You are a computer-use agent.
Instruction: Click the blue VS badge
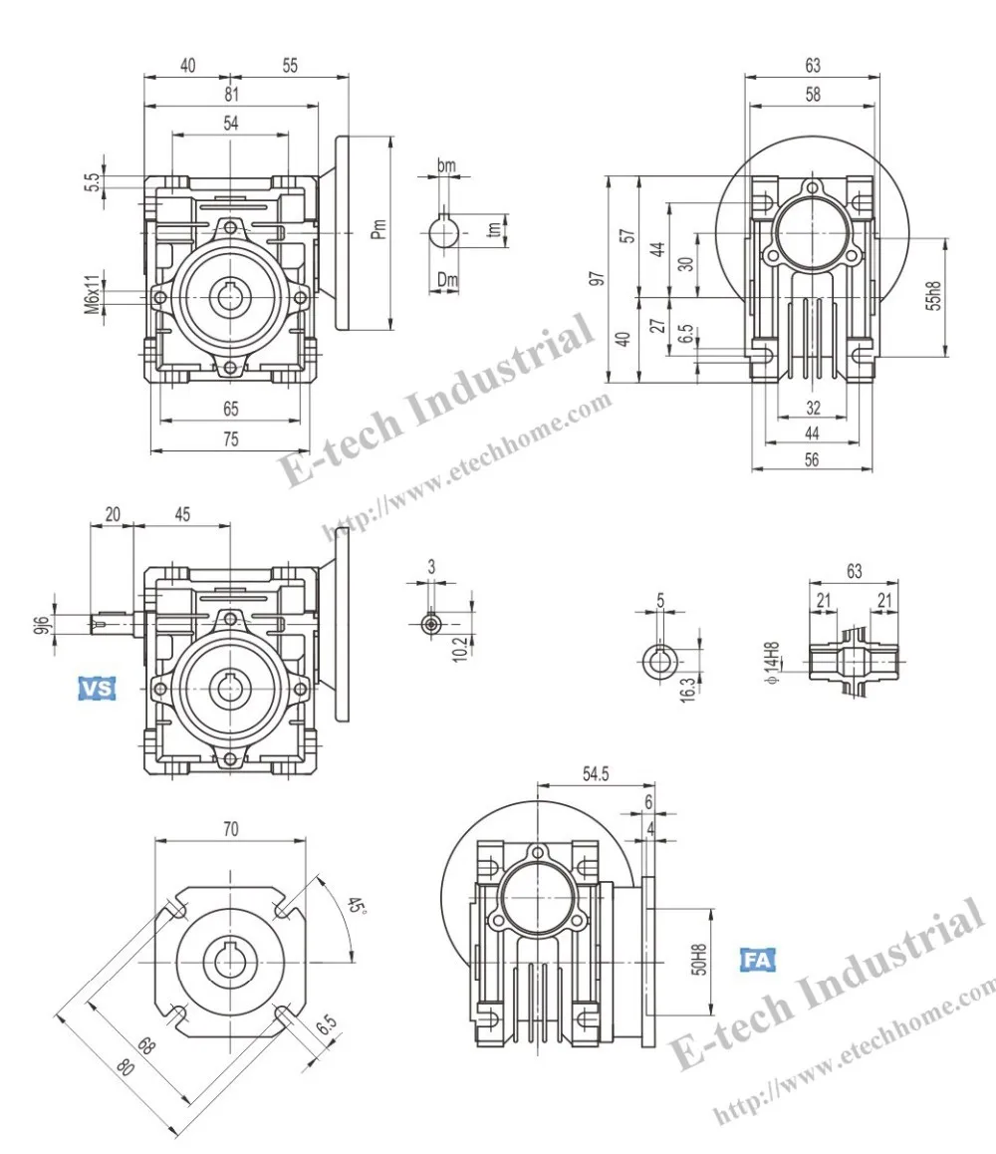tap(97, 688)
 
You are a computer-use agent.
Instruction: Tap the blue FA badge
tap(757, 960)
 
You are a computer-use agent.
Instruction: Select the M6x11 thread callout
tap(92, 295)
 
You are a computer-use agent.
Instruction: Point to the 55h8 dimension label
tap(932, 297)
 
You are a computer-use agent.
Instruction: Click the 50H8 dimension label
tap(699, 961)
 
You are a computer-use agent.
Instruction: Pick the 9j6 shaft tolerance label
tap(44, 625)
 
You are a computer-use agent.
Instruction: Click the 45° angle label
tap(356, 905)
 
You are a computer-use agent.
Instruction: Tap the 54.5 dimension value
tap(596, 773)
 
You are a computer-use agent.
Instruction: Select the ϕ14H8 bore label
tap(772, 664)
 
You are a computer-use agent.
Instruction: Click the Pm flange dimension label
tap(378, 229)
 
